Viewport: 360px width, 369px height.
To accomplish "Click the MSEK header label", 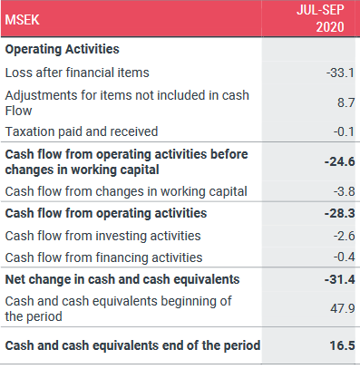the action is point(23,20).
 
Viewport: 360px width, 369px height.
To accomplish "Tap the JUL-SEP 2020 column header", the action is point(320,18).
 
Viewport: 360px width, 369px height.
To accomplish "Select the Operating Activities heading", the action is point(63,49).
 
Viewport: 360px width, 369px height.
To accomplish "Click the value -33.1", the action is point(340,73).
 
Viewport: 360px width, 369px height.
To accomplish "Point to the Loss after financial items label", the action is point(77,73).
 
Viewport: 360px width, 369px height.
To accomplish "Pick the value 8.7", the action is point(346,102).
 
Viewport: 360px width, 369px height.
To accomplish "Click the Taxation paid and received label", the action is point(82,131).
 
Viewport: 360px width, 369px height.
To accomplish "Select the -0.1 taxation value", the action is point(344,131).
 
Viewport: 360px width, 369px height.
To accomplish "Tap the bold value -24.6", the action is point(340,161).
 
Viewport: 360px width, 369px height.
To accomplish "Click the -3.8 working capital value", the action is point(345,191).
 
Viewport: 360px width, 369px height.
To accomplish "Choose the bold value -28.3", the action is point(340,213).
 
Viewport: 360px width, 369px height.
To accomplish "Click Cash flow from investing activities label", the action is point(103,236).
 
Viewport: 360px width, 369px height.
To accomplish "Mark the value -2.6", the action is point(345,236).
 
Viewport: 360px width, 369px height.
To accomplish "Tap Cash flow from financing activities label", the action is point(103,257).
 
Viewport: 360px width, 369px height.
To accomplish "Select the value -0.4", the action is point(345,257).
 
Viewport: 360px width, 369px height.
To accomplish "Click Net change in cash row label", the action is point(122,279).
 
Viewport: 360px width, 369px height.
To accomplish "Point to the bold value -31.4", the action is point(340,279).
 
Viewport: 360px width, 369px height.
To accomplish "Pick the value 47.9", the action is point(343,308).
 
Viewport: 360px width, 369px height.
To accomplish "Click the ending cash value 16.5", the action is point(342,345).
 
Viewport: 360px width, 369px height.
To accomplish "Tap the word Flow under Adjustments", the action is point(18,111).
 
